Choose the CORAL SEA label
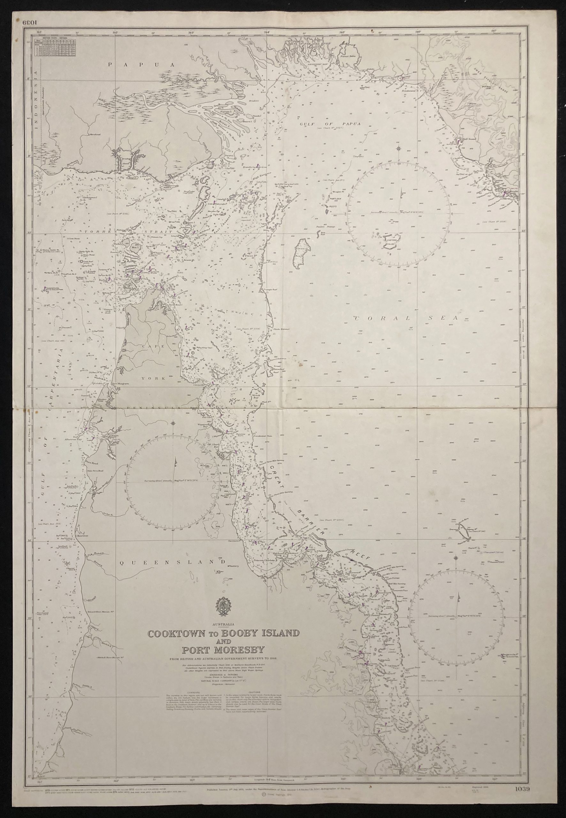pyautogui.click(x=406, y=318)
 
